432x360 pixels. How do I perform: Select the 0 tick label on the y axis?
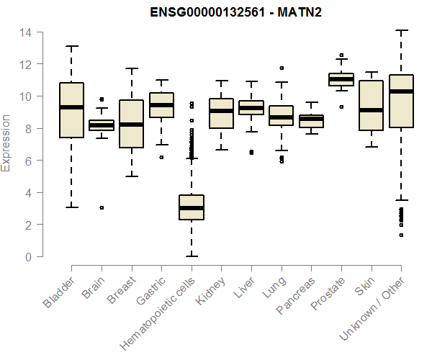27,257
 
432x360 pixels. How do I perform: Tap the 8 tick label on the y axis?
27,129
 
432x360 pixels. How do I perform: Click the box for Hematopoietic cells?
192,207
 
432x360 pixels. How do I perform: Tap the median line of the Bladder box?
71,107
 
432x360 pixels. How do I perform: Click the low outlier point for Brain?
102,207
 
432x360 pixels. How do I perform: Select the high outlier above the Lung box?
282,68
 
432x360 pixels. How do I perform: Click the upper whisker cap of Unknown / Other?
401,31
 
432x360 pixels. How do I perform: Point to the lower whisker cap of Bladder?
71,207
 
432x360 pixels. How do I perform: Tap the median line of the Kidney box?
221,111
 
